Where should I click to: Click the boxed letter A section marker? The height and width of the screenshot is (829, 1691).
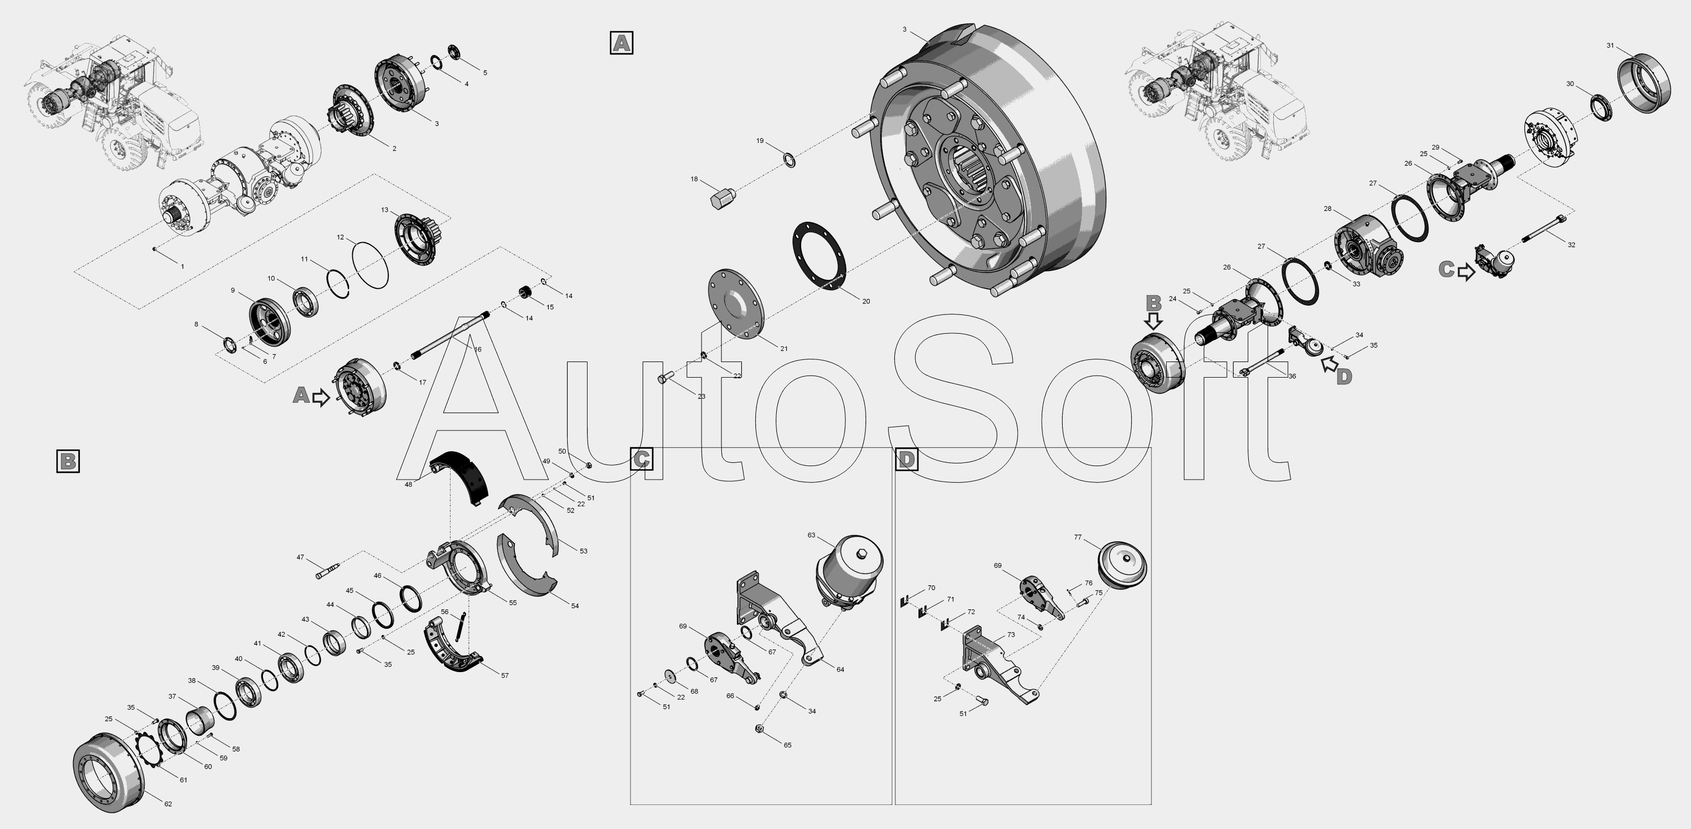pos(621,43)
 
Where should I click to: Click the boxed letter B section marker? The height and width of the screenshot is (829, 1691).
pos(67,461)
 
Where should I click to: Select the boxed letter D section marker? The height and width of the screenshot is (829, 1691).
pos(906,459)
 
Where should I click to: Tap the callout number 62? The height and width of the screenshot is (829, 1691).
pos(168,804)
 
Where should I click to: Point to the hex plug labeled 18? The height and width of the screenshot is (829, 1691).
pos(723,198)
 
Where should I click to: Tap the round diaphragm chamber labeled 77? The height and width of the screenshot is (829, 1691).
pos(1122,564)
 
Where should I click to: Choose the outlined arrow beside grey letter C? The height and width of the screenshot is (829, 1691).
pos(1467,272)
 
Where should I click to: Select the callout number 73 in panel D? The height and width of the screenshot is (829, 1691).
pos(1011,634)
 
